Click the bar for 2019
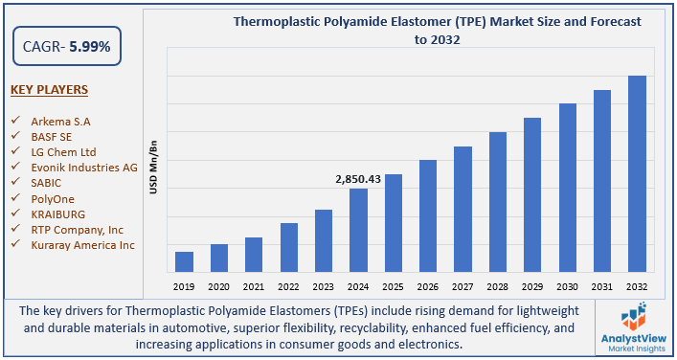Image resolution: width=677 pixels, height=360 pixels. point(185,261)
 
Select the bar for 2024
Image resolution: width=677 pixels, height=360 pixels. point(358,230)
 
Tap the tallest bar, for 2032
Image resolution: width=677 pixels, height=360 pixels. point(637,173)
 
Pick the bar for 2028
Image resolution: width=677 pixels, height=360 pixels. point(498,201)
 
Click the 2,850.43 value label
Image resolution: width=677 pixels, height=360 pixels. point(358,179)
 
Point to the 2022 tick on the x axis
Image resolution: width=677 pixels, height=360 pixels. point(288,285)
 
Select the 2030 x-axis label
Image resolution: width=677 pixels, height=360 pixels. point(567,285)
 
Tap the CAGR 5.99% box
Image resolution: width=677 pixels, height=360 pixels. point(59,46)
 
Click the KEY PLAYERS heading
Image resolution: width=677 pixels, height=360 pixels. point(49,90)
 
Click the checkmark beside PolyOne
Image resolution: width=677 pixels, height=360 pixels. point(15,198)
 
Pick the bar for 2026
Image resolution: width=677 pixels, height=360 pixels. point(428,215)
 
